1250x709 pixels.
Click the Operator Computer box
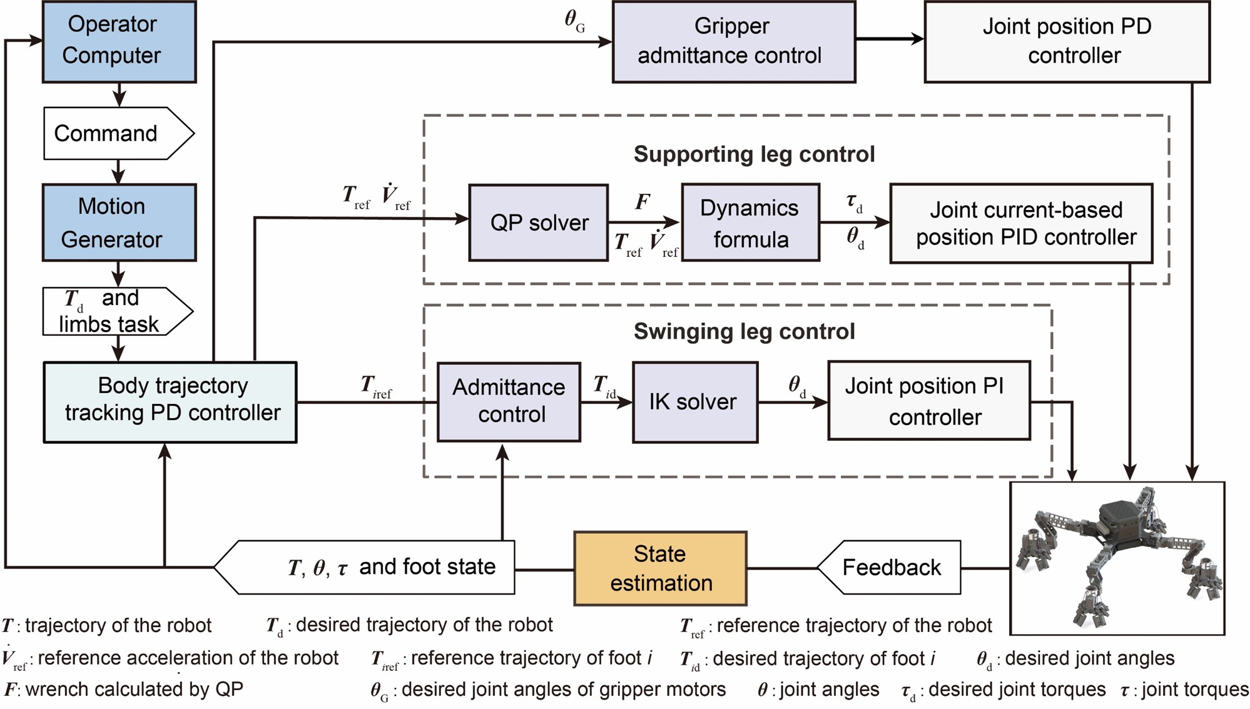coord(119,41)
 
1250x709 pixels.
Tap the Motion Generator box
coord(119,223)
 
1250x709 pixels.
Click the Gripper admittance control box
coord(733,41)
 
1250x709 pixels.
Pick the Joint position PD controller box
coord(1067,41)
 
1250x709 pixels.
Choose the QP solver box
coord(538,223)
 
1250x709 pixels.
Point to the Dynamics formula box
coord(750,223)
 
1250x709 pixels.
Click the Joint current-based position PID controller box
coord(1021,223)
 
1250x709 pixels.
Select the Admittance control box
coord(509,401)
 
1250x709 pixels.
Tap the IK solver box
coord(694,402)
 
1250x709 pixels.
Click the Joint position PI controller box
coord(928,401)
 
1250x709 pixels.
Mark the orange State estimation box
coord(660,568)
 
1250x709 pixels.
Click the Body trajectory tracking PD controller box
coord(170,402)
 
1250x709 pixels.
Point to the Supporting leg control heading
coord(754,154)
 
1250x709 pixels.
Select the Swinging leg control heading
coord(744,331)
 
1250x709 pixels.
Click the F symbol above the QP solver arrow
coord(643,202)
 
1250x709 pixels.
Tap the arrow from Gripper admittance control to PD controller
coord(889,39)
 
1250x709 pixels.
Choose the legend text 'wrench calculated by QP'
coord(134,690)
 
